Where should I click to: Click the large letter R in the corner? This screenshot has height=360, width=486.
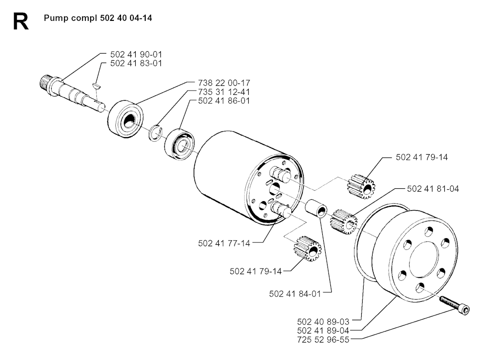click(x=21, y=21)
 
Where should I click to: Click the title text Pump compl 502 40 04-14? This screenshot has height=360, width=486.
click(x=98, y=18)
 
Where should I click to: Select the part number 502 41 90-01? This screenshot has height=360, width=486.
click(x=136, y=55)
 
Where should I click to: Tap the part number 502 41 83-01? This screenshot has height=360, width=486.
click(x=136, y=63)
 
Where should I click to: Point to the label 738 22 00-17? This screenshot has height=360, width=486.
click(x=224, y=83)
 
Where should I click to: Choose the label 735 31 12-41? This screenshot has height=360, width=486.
click(x=224, y=92)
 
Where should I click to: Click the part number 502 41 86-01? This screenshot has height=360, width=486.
click(x=224, y=101)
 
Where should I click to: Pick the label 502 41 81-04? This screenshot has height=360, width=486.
click(x=433, y=189)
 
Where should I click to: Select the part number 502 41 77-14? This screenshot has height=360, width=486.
click(x=224, y=243)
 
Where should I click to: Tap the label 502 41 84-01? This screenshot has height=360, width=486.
click(x=295, y=294)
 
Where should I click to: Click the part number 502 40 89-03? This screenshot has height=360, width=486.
click(x=323, y=322)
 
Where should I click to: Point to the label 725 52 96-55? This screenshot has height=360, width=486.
click(x=323, y=340)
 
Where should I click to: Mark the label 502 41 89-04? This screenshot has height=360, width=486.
click(x=323, y=331)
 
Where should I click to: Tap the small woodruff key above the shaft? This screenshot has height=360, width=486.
click(x=96, y=85)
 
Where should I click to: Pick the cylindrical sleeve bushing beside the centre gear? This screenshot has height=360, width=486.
click(x=316, y=209)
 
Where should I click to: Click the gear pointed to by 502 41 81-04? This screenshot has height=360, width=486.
click(x=344, y=222)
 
